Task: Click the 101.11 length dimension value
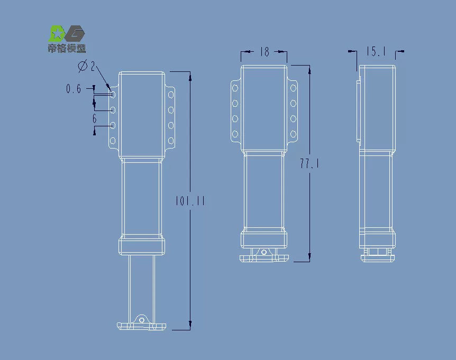click(x=190, y=201)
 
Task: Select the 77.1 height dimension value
click(x=309, y=164)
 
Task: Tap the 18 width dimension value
click(x=265, y=52)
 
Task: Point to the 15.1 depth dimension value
click(x=376, y=51)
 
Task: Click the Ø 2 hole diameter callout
click(x=86, y=67)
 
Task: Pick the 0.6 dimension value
click(x=74, y=89)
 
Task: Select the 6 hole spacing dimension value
click(x=94, y=119)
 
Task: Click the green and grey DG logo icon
click(x=67, y=34)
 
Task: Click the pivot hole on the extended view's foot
click(x=141, y=319)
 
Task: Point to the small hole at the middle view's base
click(x=264, y=253)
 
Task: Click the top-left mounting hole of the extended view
click(x=113, y=95)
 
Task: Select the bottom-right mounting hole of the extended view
click(x=171, y=141)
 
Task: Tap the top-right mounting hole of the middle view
click(x=293, y=88)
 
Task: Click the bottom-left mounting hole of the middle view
click(x=235, y=134)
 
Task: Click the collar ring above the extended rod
click(x=141, y=246)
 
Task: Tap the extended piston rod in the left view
click(x=141, y=285)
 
